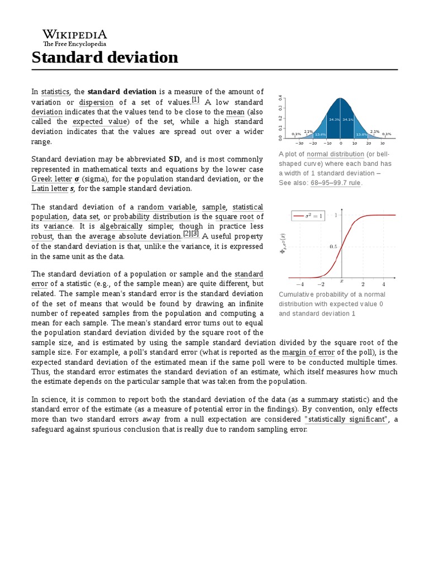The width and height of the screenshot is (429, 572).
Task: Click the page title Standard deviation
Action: [104, 57]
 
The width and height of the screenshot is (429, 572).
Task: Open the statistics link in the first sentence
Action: [55, 92]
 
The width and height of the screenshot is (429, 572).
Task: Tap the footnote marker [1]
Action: [196, 100]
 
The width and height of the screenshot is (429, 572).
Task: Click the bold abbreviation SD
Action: [174, 159]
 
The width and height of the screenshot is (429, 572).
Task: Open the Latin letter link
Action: [50, 189]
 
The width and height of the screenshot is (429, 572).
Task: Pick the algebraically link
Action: [121, 226]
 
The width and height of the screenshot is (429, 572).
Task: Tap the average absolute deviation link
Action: [135, 236]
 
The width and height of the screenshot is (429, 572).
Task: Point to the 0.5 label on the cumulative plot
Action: [333, 246]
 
